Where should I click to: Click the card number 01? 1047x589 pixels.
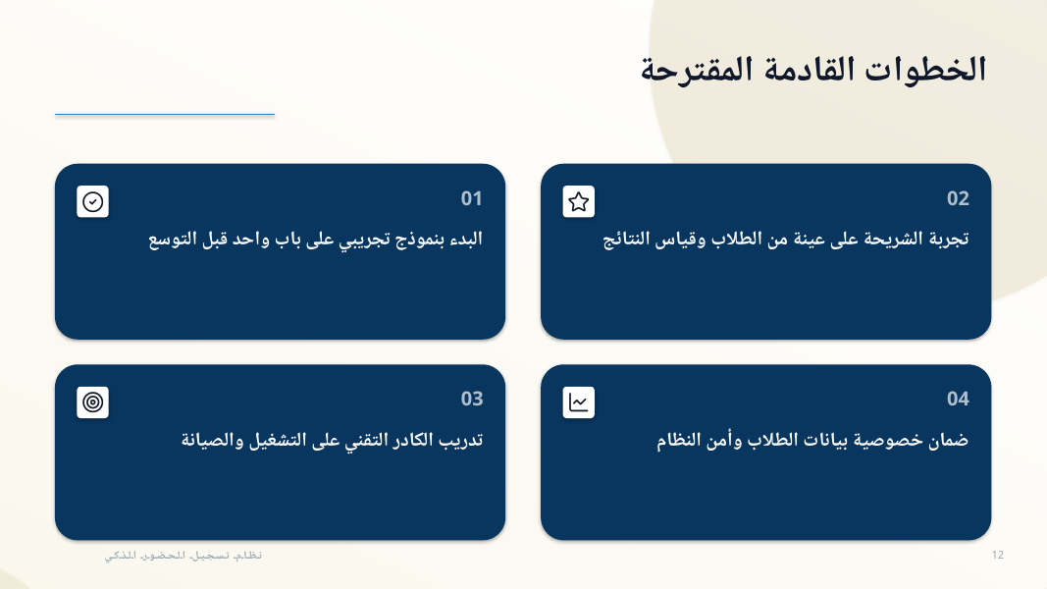(x=471, y=198)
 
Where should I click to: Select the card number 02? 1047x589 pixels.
(x=958, y=198)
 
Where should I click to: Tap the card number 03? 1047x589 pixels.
(x=471, y=399)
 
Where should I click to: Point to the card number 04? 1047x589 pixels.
(x=958, y=399)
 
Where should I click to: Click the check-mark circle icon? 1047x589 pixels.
(x=93, y=201)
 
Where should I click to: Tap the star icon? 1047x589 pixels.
(x=579, y=201)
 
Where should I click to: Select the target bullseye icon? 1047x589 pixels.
(x=93, y=402)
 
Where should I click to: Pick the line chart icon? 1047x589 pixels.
(x=579, y=402)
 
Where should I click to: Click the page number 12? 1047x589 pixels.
(x=998, y=555)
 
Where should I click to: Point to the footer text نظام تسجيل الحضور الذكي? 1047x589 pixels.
(x=183, y=556)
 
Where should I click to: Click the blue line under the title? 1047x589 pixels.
(x=165, y=114)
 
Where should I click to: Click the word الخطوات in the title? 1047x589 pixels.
(x=925, y=70)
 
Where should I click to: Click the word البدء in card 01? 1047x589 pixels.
(x=466, y=240)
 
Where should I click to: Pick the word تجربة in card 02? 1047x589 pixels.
(x=950, y=240)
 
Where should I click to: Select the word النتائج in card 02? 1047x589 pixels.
(x=626, y=240)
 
